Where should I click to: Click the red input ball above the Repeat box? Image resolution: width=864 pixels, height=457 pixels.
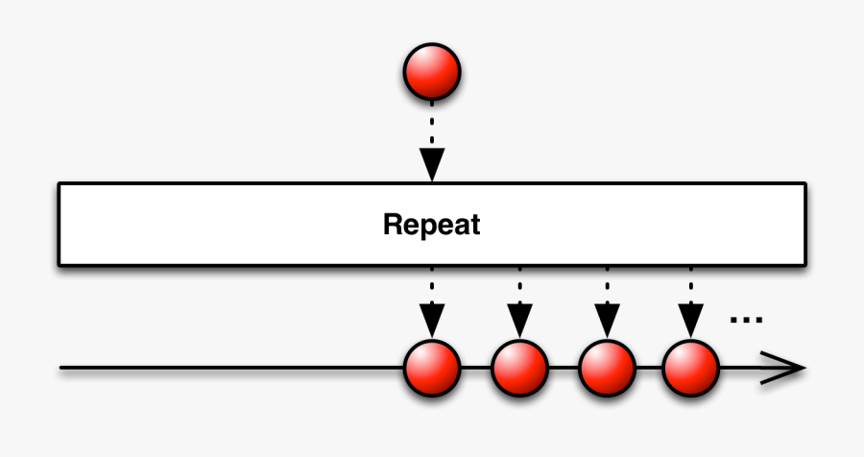tap(432, 72)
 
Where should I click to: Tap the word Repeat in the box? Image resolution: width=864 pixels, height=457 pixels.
tap(431, 226)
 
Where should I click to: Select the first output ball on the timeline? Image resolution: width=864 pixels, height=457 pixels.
tap(432, 368)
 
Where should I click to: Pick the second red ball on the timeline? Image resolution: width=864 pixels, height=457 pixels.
tap(519, 368)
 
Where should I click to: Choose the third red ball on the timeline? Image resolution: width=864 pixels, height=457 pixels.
tap(607, 368)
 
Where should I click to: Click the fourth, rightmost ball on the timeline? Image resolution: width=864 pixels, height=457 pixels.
tap(690, 368)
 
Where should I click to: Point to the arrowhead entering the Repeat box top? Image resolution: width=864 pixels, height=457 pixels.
tap(432, 164)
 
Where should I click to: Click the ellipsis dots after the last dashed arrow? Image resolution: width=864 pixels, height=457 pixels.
tap(746, 320)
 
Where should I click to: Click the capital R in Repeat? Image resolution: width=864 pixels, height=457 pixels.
tap(391, 226)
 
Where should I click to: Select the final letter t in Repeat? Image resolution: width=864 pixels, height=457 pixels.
tap(474, 226)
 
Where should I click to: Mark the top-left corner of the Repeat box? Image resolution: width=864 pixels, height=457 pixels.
tap(60, 183)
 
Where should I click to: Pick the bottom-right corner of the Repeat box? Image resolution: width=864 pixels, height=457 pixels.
tap(804, 264)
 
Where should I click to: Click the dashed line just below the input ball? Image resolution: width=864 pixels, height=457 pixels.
tap(432, 115)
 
